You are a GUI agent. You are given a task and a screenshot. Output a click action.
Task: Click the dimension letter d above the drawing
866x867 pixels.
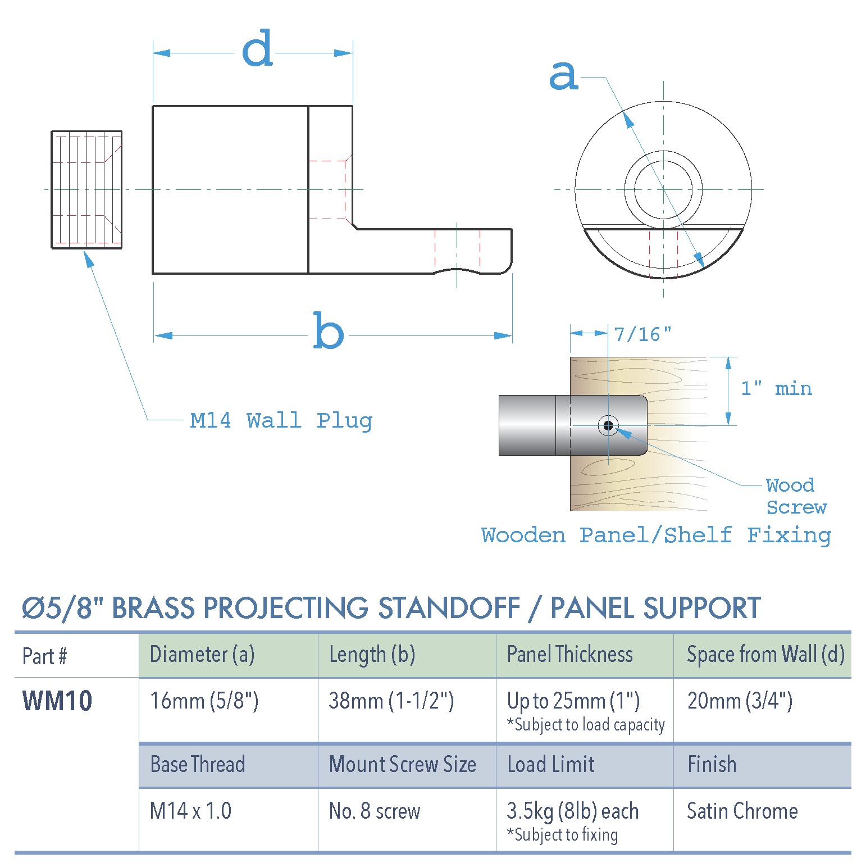click(x=257, y=49)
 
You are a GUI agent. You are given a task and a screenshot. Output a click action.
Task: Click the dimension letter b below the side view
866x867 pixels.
click(x=328, y=332)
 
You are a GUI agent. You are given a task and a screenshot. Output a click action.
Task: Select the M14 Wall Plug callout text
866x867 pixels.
click(x=281, y=420)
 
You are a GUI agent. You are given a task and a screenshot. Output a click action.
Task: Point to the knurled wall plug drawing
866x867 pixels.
click(x=86, y=189)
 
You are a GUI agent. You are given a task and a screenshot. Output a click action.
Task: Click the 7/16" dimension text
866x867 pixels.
click(x=642, y=335)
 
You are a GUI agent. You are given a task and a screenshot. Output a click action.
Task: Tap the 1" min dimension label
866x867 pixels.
click(x=776, y=389)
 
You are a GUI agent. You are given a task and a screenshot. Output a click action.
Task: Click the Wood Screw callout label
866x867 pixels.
click(x=795, y=496)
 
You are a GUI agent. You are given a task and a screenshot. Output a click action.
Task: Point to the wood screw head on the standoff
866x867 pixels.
click(x=608, y=425)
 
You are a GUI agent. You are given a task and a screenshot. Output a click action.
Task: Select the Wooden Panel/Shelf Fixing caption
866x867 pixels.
click(x=655, y=535)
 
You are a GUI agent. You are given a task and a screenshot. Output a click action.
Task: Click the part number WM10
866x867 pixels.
click(x=57, y=701)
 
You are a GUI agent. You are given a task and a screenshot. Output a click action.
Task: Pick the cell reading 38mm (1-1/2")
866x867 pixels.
click(x=391, y=701)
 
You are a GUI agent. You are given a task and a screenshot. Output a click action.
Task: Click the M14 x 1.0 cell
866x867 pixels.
click(x=190, y=811)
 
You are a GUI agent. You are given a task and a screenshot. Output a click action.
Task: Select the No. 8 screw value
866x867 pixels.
click(x=374, y=811)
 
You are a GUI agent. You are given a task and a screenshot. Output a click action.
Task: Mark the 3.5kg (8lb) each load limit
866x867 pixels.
click(x=572, y=811)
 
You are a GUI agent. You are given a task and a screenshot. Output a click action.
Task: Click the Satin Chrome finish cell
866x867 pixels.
click(x=742, y=811)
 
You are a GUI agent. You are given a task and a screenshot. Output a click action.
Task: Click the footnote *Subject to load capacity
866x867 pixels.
click(x=585, y=725)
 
